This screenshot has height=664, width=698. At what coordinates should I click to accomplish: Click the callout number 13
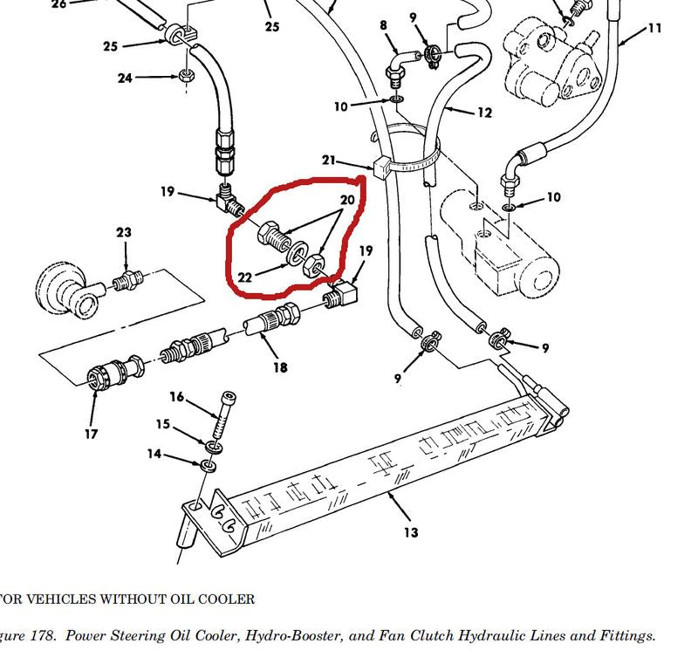click(411, 532)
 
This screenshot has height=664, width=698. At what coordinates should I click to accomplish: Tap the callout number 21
click(328, 161)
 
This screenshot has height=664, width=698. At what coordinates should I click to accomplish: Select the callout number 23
click(124, 233)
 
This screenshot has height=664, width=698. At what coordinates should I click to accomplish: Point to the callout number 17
click(92, 434)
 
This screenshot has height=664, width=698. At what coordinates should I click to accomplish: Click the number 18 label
click(280, 367)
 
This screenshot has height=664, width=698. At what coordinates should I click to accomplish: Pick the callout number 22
click(245, 277)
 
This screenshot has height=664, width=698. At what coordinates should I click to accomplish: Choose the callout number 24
click(126, 79)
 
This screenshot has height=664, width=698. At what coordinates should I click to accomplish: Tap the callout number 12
click(484, 113)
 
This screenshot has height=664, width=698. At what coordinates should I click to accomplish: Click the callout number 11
click(655, 30)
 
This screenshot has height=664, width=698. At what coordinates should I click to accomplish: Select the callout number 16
click(176, 398)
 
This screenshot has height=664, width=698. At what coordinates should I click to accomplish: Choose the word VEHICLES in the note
click(54, 599)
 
